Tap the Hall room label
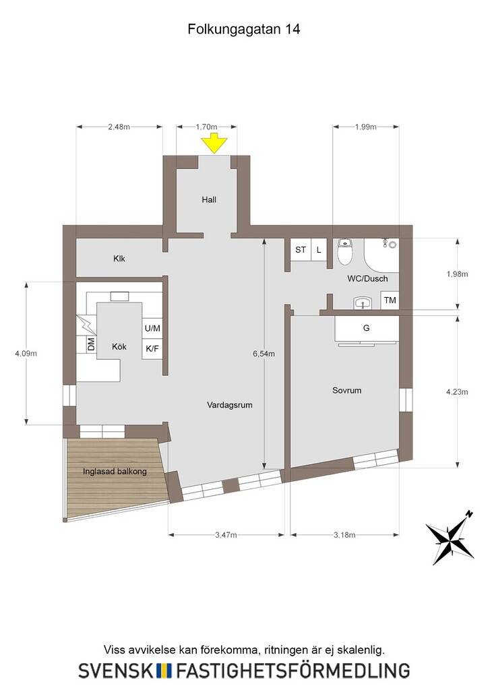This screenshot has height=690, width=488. pos(209,199)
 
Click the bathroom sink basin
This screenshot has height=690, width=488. pos(363,303)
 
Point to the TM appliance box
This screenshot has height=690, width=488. pos(390,300)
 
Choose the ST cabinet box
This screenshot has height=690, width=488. pos(301,250)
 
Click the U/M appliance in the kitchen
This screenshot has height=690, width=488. pos(152,328)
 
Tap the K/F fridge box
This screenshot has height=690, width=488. pos(152,349)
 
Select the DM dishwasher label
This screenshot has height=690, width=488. pos(91,344)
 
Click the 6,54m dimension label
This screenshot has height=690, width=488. pos(264,353)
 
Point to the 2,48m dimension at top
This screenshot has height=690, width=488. pos(119,127)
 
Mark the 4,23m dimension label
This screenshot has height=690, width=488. pos(457,391)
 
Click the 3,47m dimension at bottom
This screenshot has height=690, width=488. pos(226,535)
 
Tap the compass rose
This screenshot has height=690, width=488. pos(450,537)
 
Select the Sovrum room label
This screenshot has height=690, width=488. pos(346,390)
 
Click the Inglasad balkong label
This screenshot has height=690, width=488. pos(115,471)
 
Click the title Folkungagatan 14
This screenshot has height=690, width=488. pos(244,29)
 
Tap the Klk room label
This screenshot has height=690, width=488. pos(119,258)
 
